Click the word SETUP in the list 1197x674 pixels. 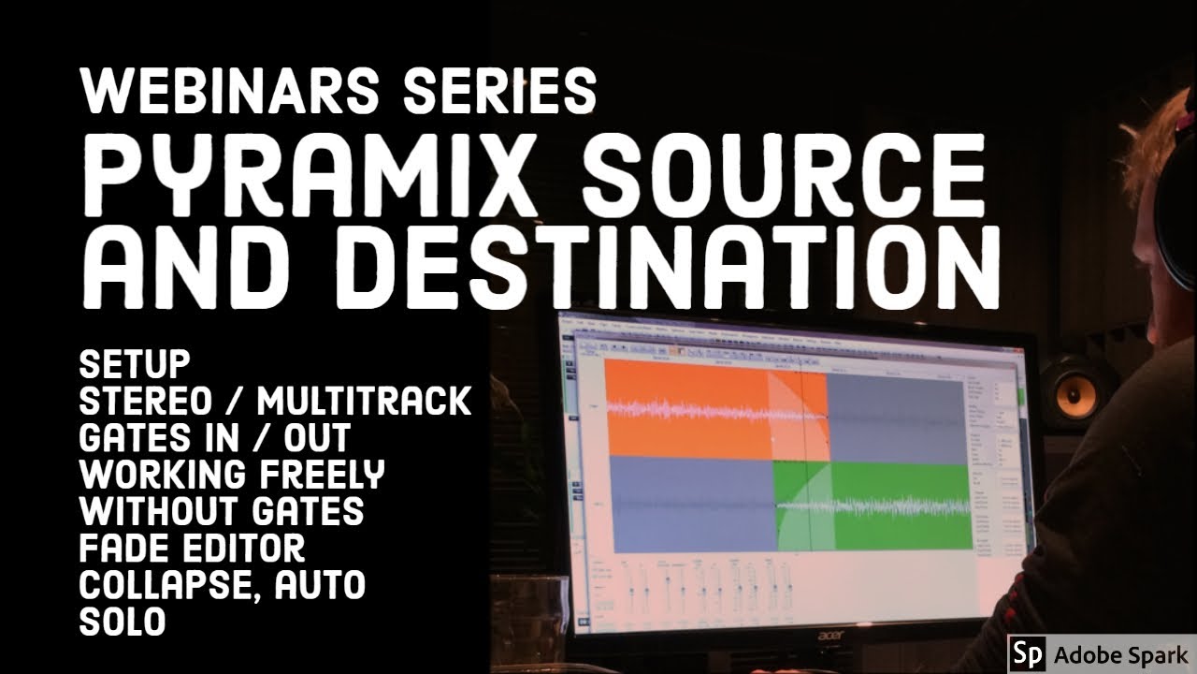pos(135,362)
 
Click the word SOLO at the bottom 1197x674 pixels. pos(123,622)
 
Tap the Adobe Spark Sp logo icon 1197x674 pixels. pos(1027,652)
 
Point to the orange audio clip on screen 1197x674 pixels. pos(687,407)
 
